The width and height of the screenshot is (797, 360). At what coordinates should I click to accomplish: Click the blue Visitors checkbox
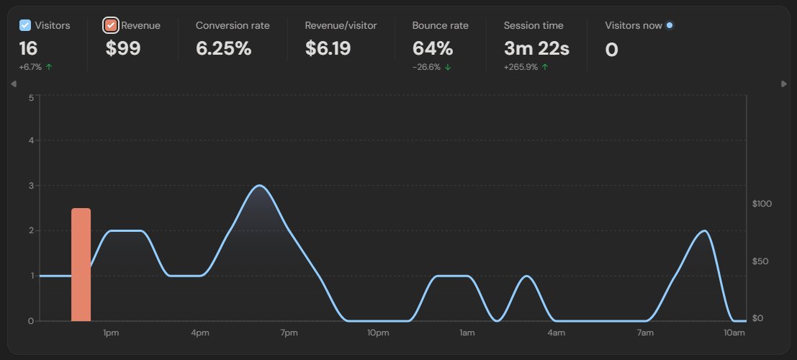[x=25, y=25]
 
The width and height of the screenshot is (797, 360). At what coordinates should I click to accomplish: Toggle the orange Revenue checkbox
[x=111, y=25]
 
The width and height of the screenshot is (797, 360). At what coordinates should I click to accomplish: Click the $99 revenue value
[x=123, y=49]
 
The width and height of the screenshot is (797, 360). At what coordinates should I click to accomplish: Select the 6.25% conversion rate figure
[x=223, y=49]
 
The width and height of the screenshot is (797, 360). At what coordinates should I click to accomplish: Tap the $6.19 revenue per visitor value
[x=331, y=49]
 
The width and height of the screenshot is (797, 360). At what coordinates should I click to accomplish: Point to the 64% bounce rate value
[x=432, y=49]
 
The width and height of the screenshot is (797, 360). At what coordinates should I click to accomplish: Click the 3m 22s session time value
[x=536, y=49]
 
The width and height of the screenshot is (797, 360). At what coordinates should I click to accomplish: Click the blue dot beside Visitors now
[x=670, y=25]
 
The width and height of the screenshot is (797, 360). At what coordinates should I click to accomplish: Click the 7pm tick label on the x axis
[x=289, y=333]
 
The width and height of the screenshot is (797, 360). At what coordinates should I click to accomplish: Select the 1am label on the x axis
[x=467, y=333]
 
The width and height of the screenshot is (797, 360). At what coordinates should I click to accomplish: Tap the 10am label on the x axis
[x=734, y=333]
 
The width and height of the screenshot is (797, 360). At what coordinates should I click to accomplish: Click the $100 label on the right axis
[x=761, y=204]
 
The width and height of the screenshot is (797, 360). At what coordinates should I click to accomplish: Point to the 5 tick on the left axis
[x=31, y=98]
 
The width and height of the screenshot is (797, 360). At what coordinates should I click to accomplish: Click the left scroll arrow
[x=14, y=84]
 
